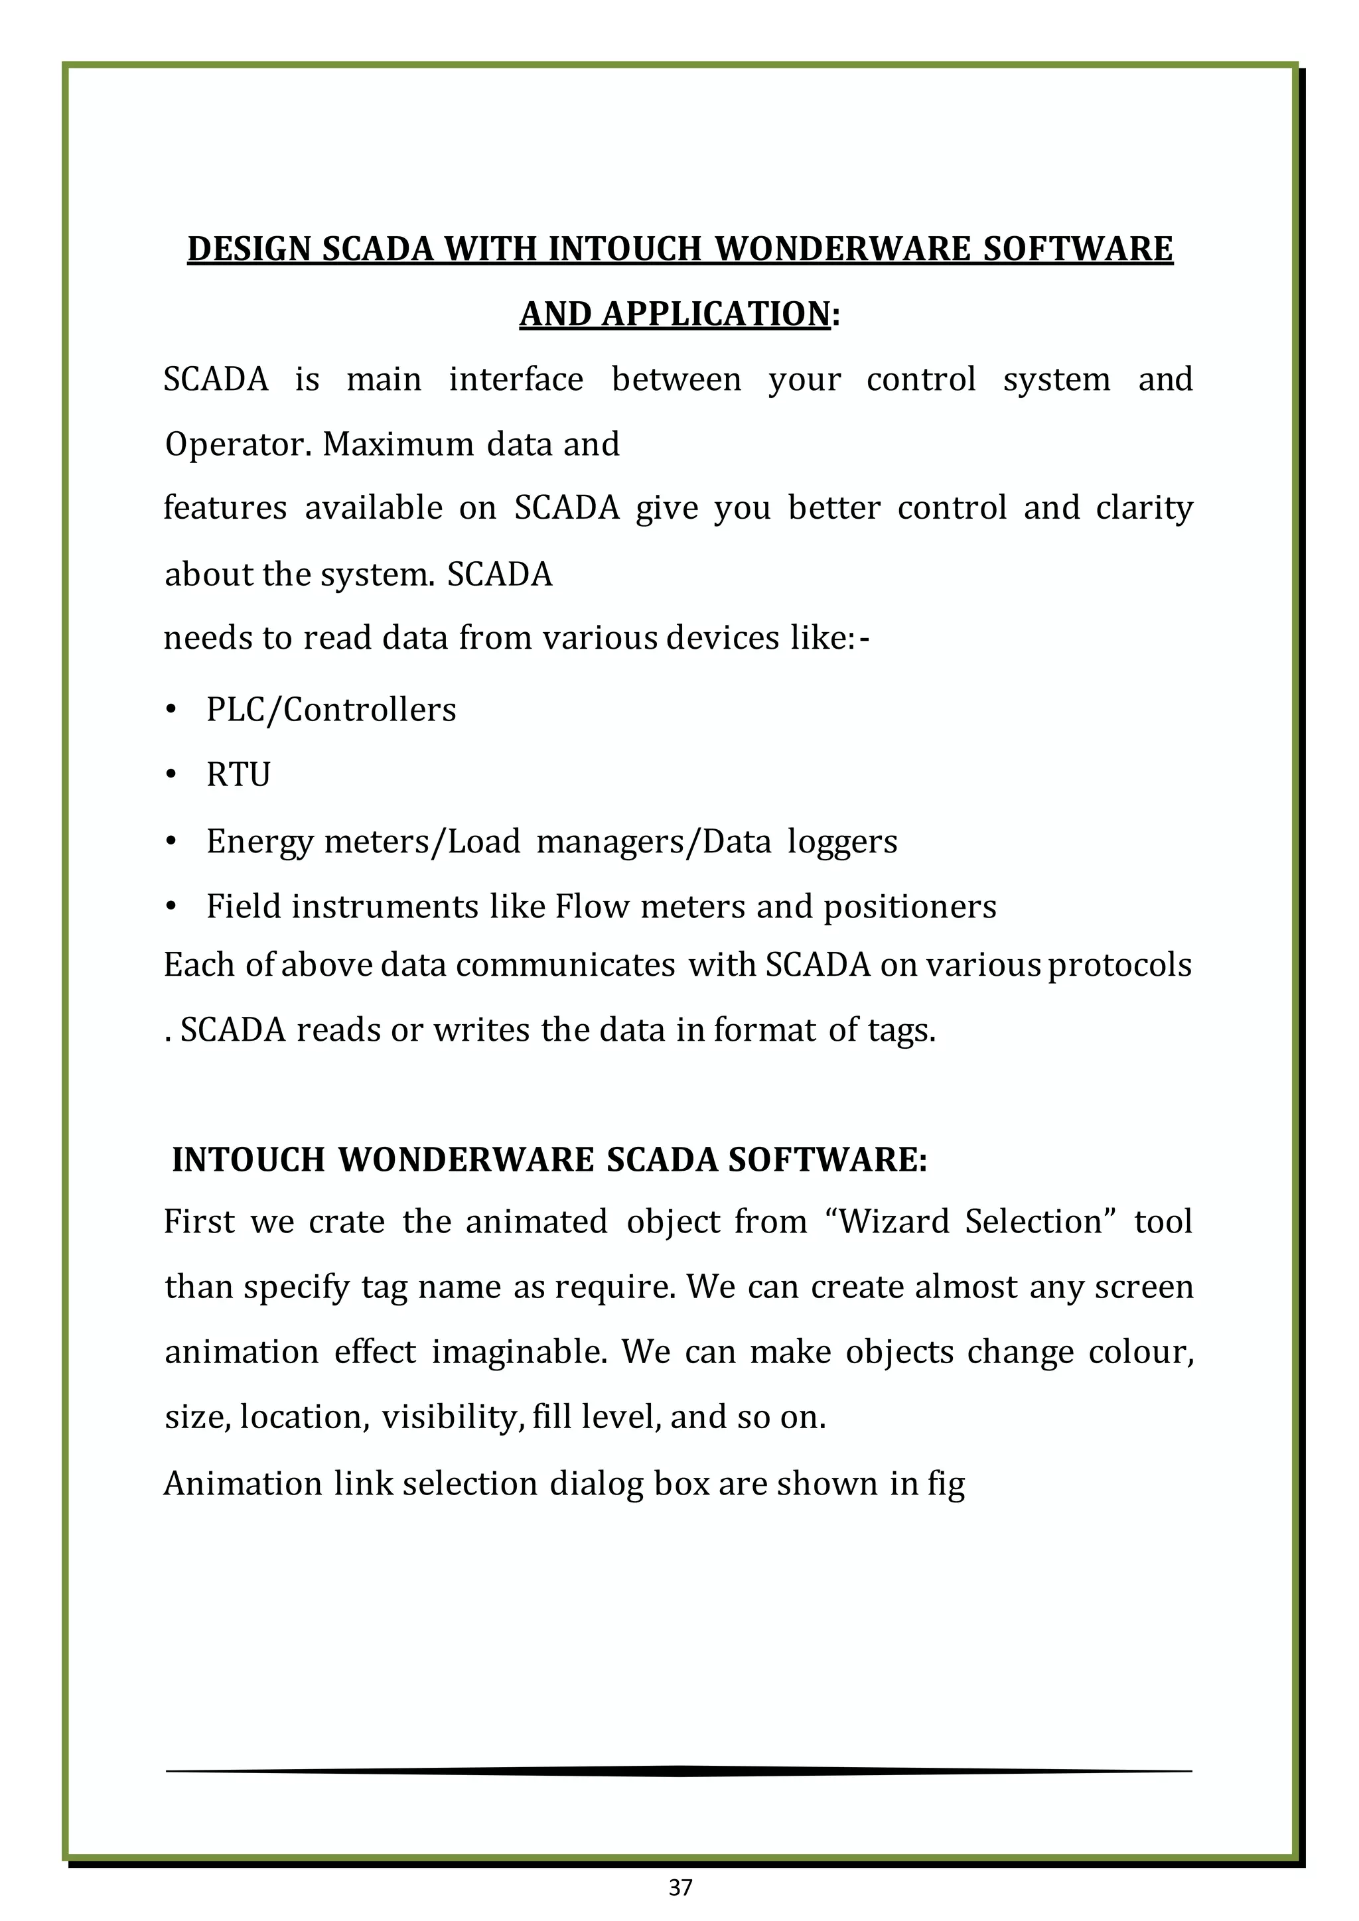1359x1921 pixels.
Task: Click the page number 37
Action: click(680, 1887)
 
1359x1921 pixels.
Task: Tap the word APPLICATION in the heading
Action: click(674, 314)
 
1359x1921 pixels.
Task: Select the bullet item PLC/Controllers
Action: click(330, 710)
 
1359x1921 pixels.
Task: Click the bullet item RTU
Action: click(238, 775)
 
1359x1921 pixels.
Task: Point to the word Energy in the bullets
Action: click(259, 841)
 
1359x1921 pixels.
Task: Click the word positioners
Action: click(910, 906)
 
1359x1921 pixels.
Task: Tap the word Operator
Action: click(236, 444)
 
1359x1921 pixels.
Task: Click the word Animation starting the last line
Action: click(243, 1483)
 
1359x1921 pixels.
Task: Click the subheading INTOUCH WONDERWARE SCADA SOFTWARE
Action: click(549, 1159)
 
